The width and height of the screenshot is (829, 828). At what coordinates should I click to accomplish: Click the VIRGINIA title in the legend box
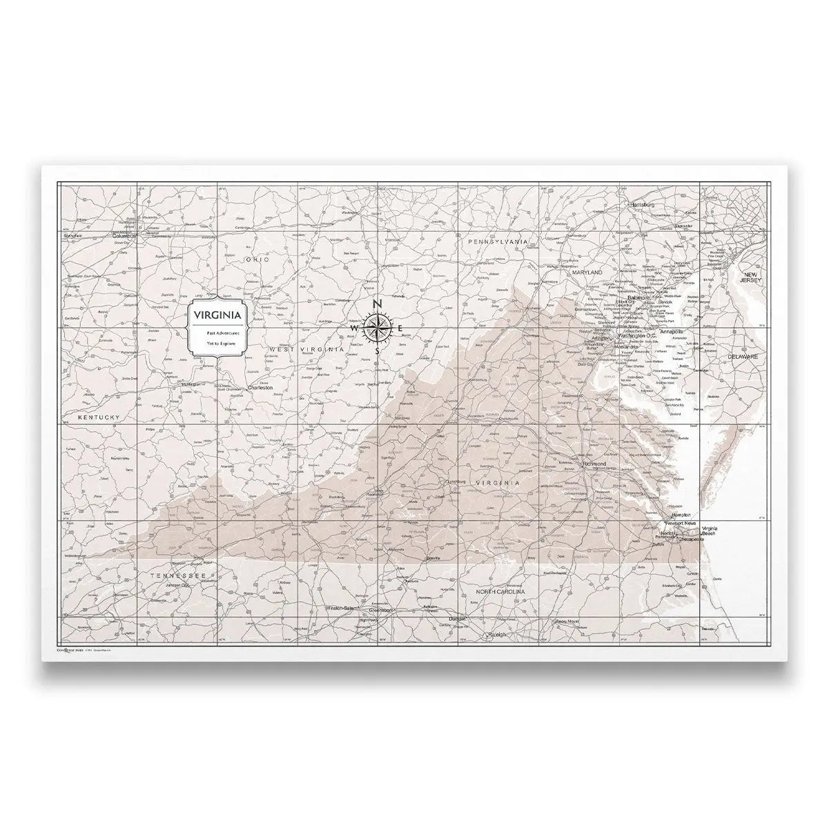coord(217,315)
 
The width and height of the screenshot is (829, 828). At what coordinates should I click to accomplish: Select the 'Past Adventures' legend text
coord(217,333)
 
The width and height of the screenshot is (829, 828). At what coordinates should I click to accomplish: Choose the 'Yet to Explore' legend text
coord(217,342)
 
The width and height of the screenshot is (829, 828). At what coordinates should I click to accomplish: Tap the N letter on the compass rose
coord(377,304)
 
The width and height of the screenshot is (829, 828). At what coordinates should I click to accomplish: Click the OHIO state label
coord(255,260)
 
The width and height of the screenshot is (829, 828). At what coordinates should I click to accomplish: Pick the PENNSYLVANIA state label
coord(498,242)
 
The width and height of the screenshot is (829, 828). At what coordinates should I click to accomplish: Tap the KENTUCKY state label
coord(99,418)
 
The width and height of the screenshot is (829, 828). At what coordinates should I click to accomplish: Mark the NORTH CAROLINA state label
coord(501,592)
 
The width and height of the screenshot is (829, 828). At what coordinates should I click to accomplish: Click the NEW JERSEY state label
coord(750,277)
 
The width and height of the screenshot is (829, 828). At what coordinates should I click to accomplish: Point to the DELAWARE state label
coord(742,357)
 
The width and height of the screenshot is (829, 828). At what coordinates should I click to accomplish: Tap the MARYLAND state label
coord(587,273)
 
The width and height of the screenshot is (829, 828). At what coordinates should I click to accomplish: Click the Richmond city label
coord(594,464)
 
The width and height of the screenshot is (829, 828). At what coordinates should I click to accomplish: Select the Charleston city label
coord(260,388)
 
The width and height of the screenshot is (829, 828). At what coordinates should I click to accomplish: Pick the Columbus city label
coord(126,235)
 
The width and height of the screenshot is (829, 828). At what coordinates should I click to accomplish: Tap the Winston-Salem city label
coord(343,608)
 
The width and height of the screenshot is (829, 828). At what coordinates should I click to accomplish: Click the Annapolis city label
coord(671,332)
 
